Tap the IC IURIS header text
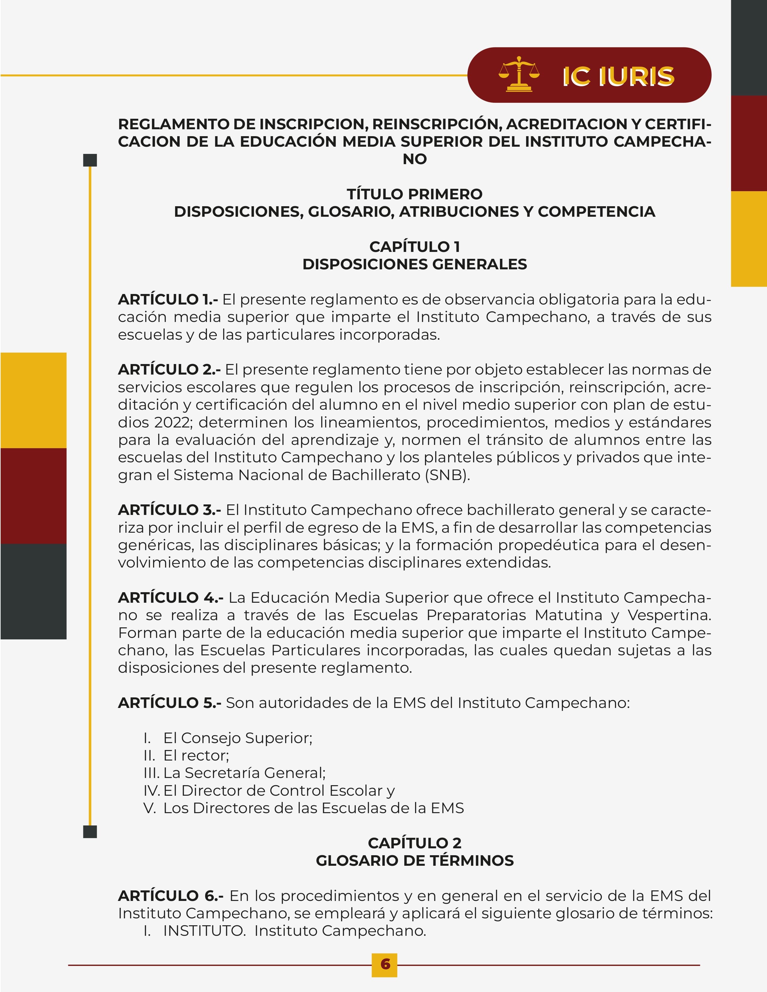coord(618,76)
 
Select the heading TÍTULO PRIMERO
coord(414,194)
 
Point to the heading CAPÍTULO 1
coord(414,246)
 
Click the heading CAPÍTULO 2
coord(414,843)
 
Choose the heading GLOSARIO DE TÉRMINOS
coord(414,860)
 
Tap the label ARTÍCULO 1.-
coord(168,300)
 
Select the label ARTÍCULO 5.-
coord(169,703)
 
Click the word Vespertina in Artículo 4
coord(669,615)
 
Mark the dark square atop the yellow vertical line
coord(90,160)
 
